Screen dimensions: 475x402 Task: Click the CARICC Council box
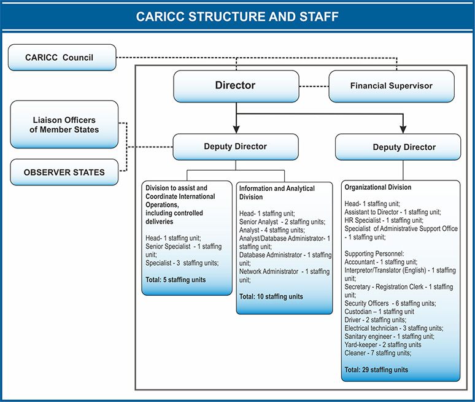point(62,58)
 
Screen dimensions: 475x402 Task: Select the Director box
point(236,87)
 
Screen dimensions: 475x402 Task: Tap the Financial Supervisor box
point(392,87)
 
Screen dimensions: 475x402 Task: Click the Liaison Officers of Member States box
point(64,125)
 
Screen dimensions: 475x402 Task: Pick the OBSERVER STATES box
point(64,172)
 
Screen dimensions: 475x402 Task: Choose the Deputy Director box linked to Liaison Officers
point(236,147)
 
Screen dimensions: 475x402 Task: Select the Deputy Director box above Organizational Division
point(398,147)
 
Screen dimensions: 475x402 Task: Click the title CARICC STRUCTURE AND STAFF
point(237,17)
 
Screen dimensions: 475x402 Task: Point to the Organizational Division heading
point(378,187)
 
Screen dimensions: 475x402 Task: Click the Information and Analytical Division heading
point(277,193)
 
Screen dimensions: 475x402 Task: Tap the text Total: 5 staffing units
point(176,280)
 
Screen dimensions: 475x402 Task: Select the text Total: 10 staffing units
point(271,296)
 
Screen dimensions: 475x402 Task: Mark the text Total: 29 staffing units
point(376,369)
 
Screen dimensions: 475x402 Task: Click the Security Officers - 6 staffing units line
point(390,303)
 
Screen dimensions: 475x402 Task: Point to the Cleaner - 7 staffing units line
point(378,353)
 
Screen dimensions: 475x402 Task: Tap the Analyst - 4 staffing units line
point(272,230)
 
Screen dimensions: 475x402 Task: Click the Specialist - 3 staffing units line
point(182,263)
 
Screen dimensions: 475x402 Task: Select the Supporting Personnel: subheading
point(374,253)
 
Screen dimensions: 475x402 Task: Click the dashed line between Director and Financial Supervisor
point(314,87)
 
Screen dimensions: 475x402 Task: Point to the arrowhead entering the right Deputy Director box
point(403,129)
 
